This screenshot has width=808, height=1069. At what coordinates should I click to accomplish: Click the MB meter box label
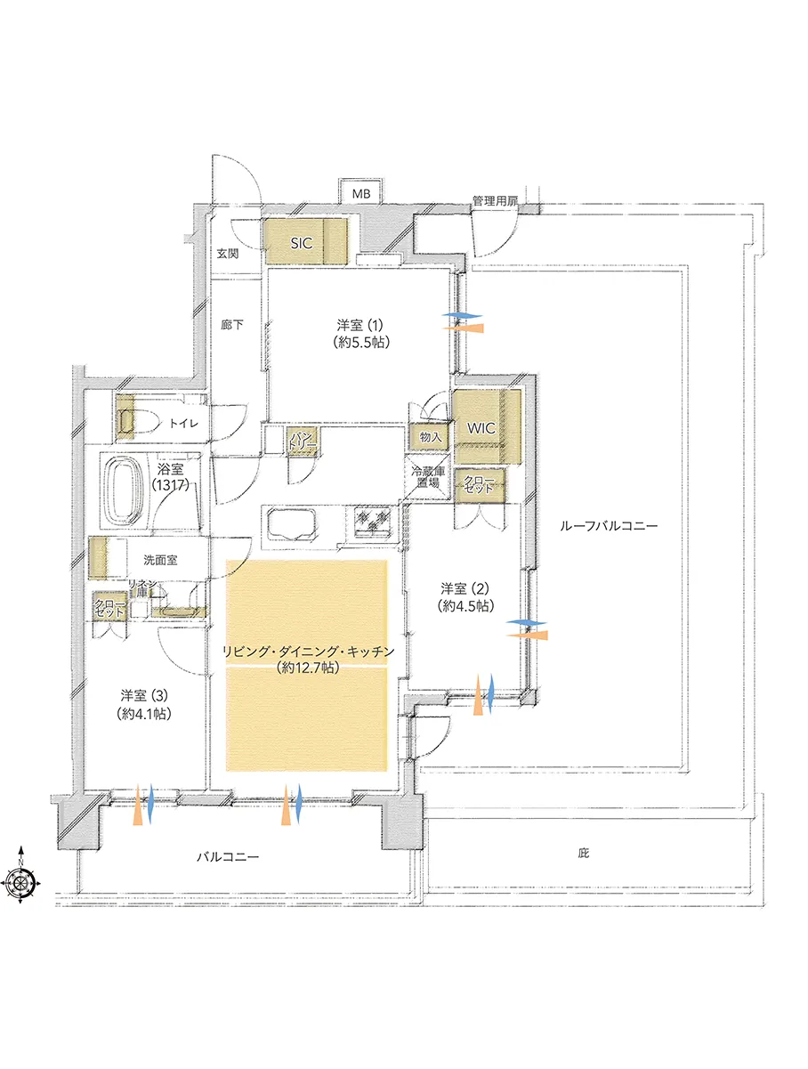point(361,194)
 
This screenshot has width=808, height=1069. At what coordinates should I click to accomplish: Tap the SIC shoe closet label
point(302,243)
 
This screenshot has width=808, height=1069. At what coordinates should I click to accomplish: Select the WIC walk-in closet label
point(481,428)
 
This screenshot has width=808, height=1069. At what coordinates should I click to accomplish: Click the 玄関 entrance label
point(228,254)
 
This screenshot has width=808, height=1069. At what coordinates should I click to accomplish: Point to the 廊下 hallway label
point(231,324)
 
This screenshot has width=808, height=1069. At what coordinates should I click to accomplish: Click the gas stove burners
point(374,522)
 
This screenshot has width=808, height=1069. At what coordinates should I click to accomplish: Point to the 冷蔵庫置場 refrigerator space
point(428,477)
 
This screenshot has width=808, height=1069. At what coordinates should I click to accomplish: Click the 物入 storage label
point(431,437)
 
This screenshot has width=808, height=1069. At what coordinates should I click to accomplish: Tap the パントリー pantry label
point(303,440)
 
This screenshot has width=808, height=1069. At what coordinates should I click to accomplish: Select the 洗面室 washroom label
point(160,560)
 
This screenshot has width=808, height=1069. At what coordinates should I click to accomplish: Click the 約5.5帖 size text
point(361,343)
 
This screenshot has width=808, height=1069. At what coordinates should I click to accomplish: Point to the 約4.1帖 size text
point(144,714)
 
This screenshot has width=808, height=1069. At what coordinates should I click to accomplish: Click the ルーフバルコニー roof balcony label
point(609,526)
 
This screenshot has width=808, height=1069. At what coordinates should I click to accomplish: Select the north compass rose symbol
point(20,880)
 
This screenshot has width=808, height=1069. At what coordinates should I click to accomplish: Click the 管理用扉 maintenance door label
point(495,201)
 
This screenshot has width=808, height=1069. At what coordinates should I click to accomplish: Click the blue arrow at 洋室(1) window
point(462,316)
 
